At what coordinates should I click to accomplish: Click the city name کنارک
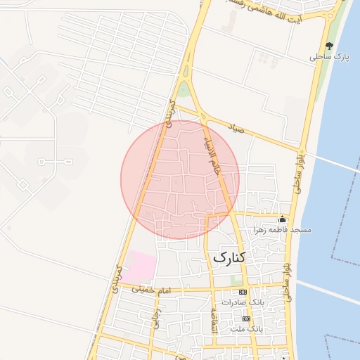point(229,258)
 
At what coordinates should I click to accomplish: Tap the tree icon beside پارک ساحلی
point(329,46)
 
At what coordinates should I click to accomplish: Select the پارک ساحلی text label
point(325,57)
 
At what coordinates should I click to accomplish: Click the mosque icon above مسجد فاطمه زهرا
point(283,219)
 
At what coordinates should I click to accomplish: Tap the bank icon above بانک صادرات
point(243,292)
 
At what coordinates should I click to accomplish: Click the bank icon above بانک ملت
point(246,319)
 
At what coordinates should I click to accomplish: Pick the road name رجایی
point(156,320)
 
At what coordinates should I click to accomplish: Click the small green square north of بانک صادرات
point(236,281)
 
